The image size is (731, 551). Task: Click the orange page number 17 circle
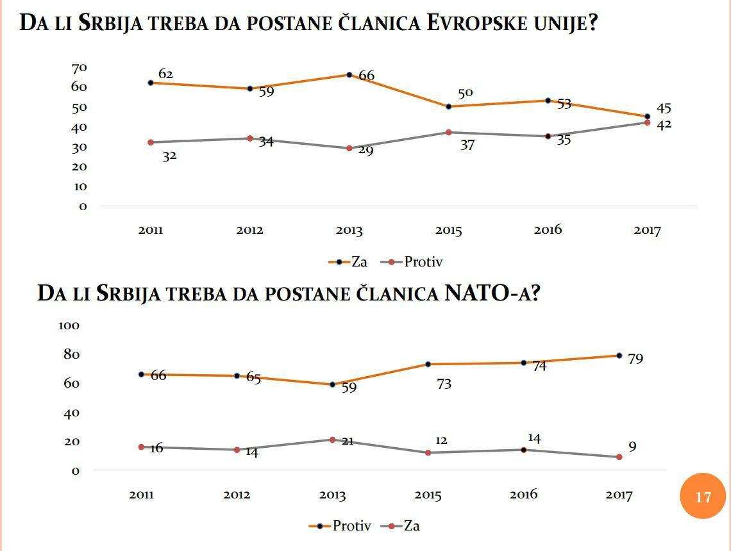pos(703,496)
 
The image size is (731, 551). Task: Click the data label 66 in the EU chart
pos(366,76)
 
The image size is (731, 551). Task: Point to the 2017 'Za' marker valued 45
pos(647,117)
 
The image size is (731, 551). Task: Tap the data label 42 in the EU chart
pos(664,124)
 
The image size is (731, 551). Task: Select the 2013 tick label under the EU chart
pos(349,231)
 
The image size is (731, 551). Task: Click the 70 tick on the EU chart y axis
pos(79,68)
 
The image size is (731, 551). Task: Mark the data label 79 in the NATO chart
pos(635,359)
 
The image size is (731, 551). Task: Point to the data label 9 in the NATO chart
pos(632,447)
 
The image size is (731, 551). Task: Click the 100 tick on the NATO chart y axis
pos(69,325)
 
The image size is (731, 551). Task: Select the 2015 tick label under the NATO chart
pos(428,495)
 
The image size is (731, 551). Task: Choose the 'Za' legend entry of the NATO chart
pos(411,526)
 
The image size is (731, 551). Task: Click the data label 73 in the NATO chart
pos(444,384)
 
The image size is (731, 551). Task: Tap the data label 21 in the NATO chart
pos(348,441)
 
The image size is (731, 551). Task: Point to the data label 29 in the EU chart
pos(365,152)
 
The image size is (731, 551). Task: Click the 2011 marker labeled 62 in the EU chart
pos(151,83)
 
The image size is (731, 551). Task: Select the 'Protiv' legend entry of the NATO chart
pos(351,526)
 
